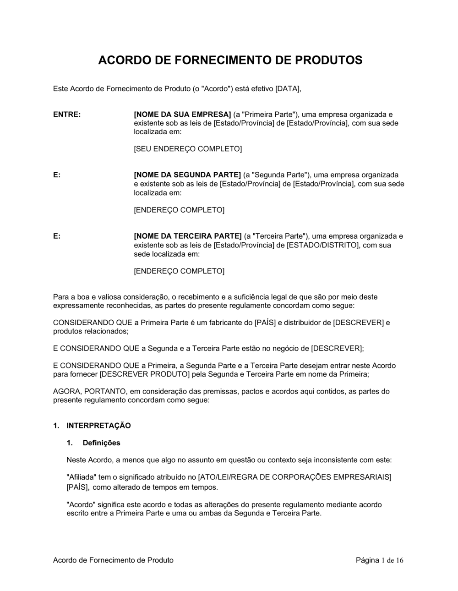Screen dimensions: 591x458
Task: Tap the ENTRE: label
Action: tap(67, 114)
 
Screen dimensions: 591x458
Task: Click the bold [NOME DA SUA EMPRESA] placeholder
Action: tap(182, 114)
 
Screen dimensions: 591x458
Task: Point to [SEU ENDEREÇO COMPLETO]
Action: tap(187, 149)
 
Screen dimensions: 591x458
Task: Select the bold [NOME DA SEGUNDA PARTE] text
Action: tap(187, 175)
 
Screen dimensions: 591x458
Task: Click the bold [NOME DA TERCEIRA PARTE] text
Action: tap(187, 236)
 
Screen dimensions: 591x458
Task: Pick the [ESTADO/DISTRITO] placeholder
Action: tap(322, 245)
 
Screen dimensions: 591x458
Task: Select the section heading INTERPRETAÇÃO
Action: tap(98, 426)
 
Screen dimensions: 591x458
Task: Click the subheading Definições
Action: tap(101, 443)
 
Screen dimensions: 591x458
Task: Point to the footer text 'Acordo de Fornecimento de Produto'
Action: tap(113, 560)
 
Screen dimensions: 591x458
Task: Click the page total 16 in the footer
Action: tap(400, 560)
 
